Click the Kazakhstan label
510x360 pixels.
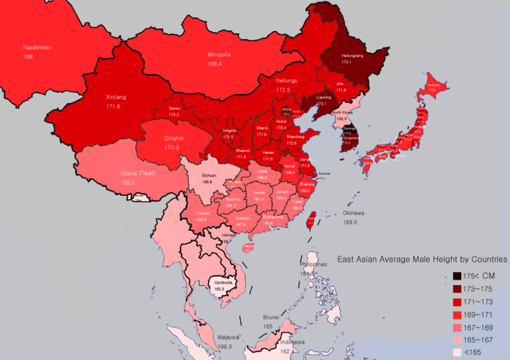[x=38, y=47]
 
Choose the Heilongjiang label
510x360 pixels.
[x=345, y=54]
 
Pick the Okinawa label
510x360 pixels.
[x=354, y=214]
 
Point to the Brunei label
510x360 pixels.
[x=271, y=317]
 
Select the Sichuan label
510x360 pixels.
[x=209, y=175]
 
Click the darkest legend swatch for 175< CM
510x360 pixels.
[x=456, y=276]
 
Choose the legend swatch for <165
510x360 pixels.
[x=456, y=352]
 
